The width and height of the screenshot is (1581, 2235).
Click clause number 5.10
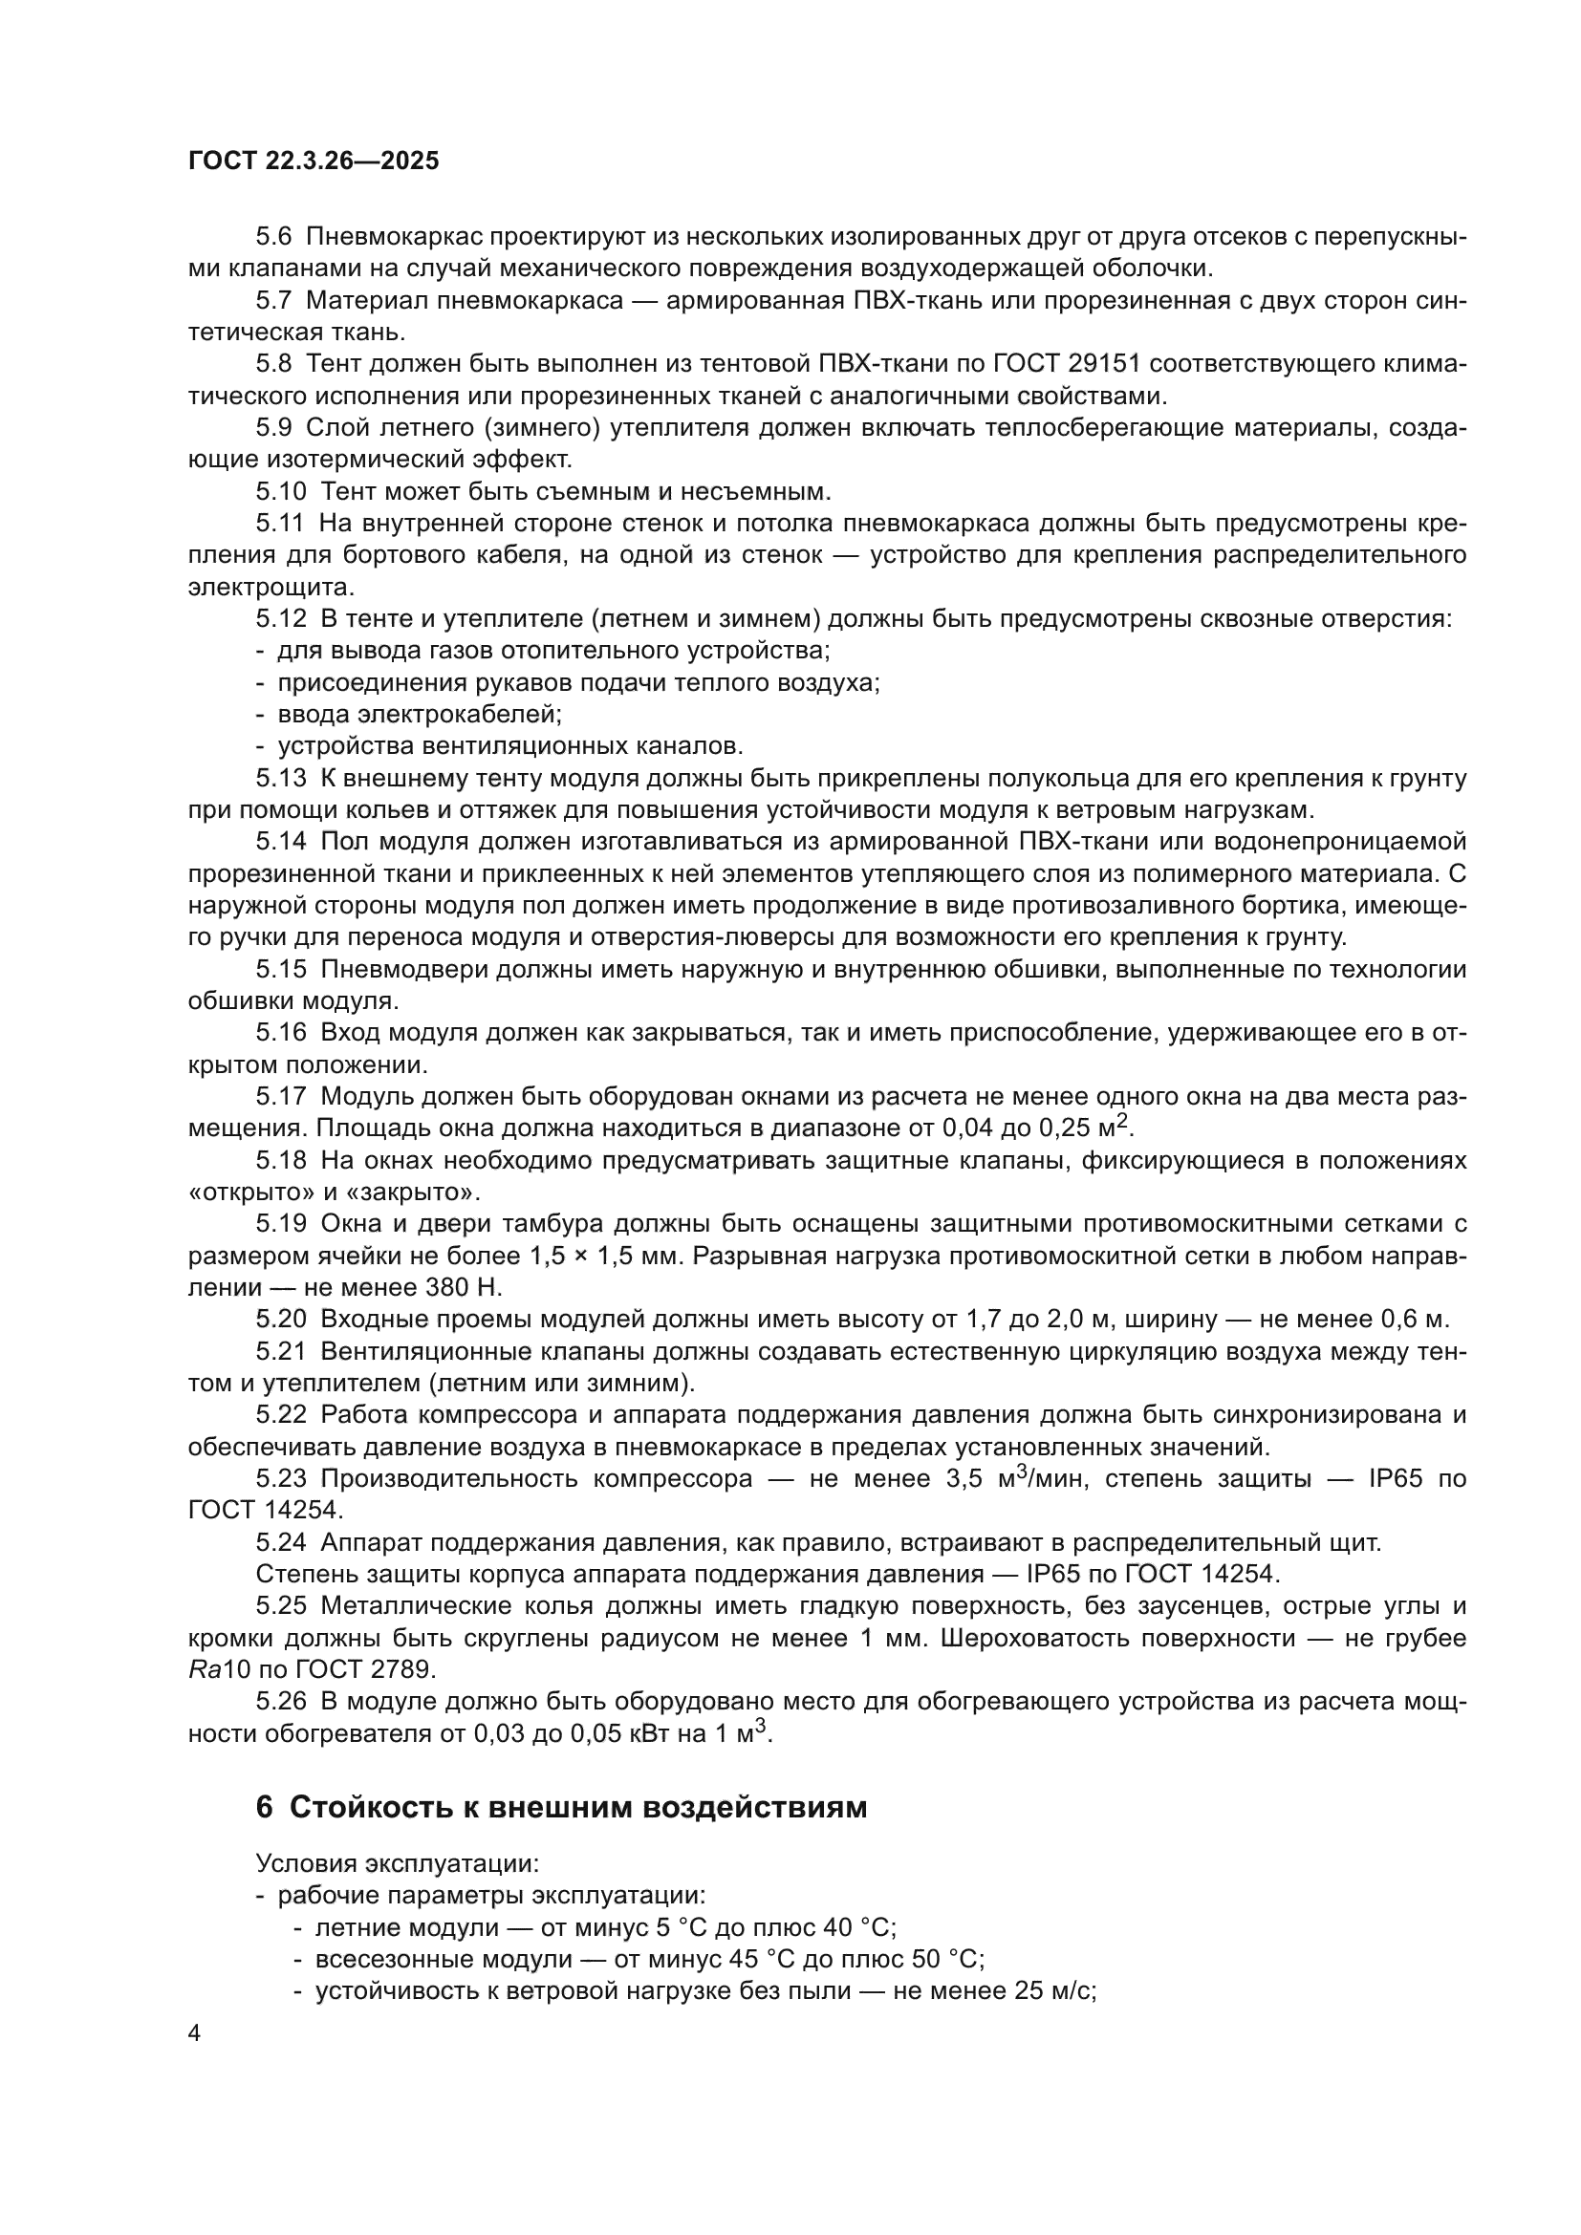click(280, 491)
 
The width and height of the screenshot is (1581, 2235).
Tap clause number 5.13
click(280, 779)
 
